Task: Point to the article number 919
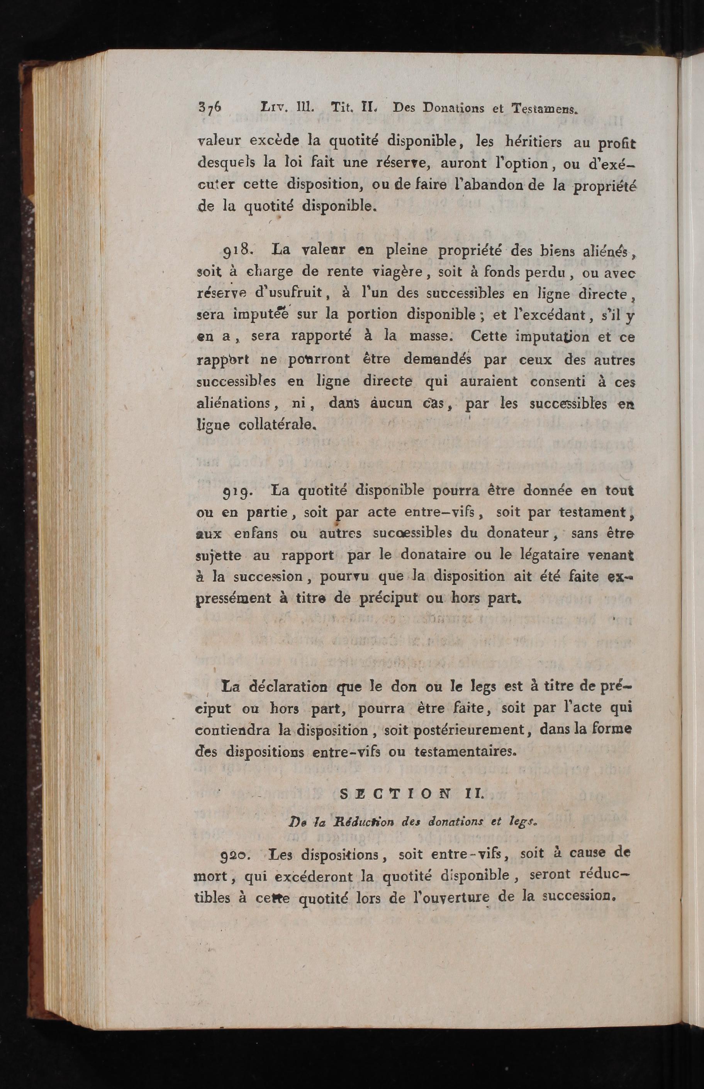pyautogui.click(x=237, y=491)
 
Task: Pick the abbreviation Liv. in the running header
pyautogui.click(x=273, y=108)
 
